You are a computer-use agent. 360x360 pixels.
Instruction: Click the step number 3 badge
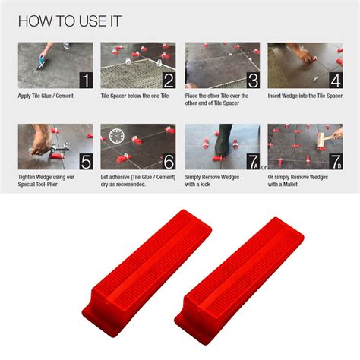(251, 80)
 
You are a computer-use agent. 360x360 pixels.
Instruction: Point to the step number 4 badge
(334, 80)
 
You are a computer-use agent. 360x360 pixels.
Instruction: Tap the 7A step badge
(251, 161)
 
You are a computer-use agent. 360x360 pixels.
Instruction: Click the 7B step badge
(334, 161)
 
